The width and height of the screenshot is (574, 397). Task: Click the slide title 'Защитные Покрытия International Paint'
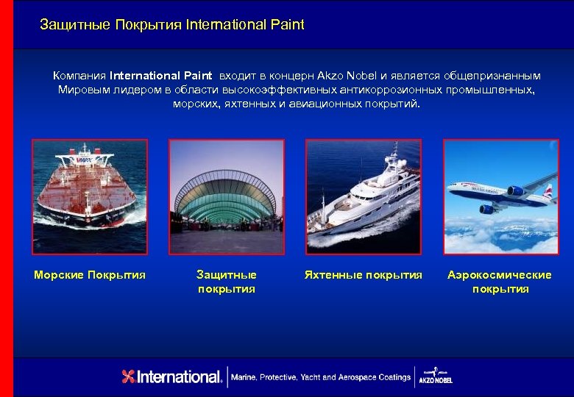(171, 25)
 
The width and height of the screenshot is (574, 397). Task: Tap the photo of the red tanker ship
(89, 196)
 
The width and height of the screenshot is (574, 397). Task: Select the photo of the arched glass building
(226, 196)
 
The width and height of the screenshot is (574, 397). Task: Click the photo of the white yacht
(363, 196)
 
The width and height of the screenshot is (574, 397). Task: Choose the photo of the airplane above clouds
(500, 196)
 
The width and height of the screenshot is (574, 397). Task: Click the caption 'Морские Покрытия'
(90, 275)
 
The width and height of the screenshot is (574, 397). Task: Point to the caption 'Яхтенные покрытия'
(364, 275)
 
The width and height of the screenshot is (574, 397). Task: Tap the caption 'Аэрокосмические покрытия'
(500, 282)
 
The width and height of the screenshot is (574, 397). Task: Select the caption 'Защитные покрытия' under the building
(227, 282)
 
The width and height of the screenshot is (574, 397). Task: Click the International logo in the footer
(172, 377)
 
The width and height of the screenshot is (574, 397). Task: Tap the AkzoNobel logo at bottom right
(435, 376)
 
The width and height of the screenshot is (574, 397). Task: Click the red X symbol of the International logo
(129, 377)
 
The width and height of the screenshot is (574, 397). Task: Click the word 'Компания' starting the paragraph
(79, 76)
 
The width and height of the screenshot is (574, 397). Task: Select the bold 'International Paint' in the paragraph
(160, 76)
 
